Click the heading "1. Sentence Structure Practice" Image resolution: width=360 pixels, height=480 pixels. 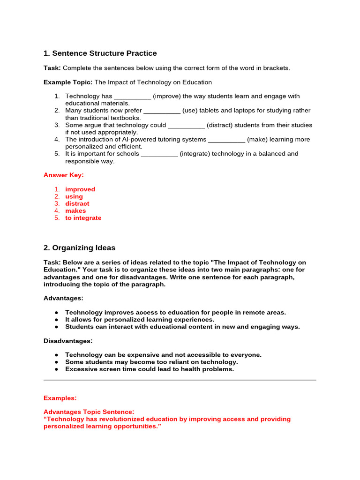[100, 53]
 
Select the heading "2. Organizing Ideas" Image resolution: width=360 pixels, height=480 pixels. [79, 247]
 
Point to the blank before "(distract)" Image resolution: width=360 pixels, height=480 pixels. [186, 126]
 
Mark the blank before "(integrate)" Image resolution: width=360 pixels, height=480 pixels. [159, 154]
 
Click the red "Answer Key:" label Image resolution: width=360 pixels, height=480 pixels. [64, 175]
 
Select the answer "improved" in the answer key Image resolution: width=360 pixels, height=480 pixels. [80, 189]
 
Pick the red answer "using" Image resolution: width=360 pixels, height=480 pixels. [74, 196]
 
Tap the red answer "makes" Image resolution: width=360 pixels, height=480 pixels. [75, 211]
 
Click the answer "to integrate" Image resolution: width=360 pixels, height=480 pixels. [83, 218]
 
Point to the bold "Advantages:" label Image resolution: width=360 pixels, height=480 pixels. [63, 298]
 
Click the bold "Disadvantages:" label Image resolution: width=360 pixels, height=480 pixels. [68, 341]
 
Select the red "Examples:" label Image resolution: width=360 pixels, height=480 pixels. [60, 398]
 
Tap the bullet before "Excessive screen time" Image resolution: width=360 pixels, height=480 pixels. [56, 369]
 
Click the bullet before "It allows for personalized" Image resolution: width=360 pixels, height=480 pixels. [56, 320]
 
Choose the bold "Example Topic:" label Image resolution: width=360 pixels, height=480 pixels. [68, 82]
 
